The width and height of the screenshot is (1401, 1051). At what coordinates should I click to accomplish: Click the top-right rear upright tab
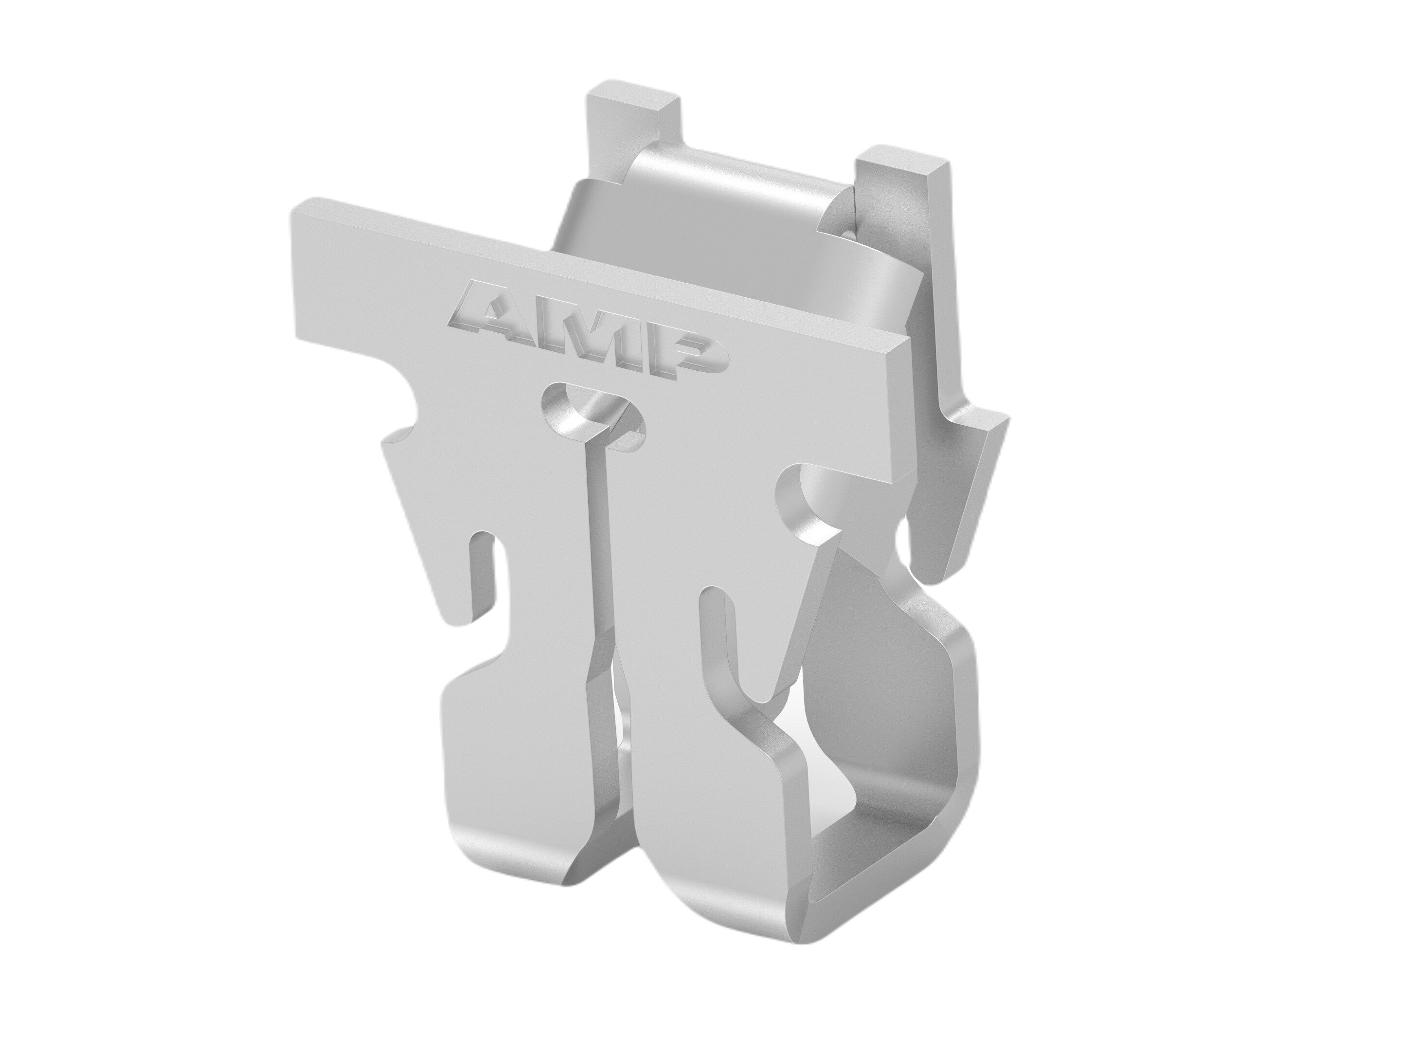[x=902, y=184]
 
